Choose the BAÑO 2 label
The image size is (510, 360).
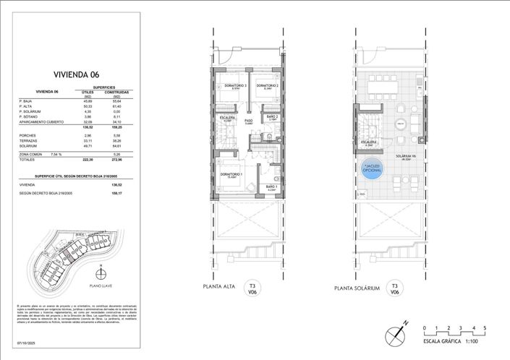(x=272, y=116)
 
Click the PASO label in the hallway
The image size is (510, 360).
(x=248, y=121)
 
